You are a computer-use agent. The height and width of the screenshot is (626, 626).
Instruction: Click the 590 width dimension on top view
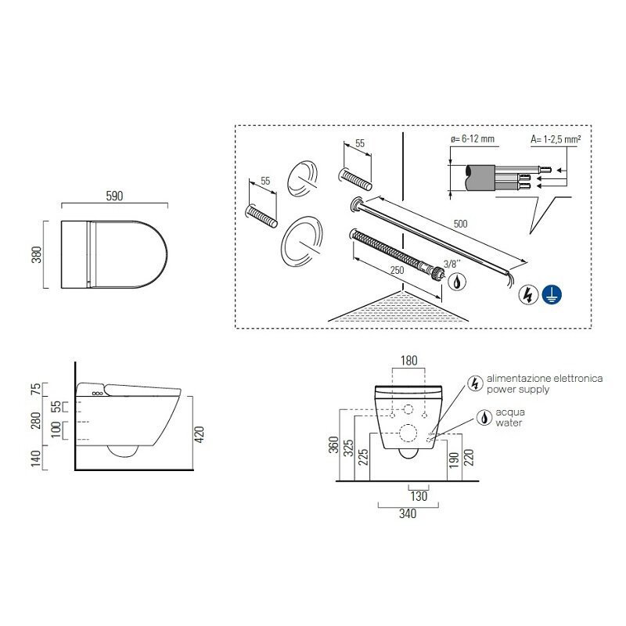pyautogui.click(x=114, y=196)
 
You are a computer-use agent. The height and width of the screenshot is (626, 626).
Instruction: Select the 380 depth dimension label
pyautogui.click(x=36, y=255)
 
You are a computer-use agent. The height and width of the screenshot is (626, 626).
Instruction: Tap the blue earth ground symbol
pyautogui.click(x=552, y=295)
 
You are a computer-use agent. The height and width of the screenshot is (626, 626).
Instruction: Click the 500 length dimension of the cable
pyautogui.click(x=460, y=224)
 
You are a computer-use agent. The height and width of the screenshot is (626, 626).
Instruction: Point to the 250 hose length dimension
pyautogui.click(x=397, y=270)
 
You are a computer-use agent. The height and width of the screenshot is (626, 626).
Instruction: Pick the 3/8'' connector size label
pyautogui.click(x=452, y=264)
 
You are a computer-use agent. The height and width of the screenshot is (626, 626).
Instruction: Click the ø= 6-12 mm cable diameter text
pyautogui.click(x=473, y=139)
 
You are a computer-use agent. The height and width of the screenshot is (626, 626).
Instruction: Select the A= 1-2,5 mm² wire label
pyautogui.click(x=556, y=139)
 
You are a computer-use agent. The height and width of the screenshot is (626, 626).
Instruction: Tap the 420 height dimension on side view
pyautogui.click(x=199, y=434)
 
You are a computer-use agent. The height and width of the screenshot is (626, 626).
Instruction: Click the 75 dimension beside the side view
pyautogui.click(x=36, y=389)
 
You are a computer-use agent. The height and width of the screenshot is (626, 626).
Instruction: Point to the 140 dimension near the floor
pyautogui.click(x=36, y=458)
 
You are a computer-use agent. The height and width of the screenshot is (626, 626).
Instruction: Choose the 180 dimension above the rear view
pyautogui.click(x=408, y=361)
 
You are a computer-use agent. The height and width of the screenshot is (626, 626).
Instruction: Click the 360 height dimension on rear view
pyautogui.click(x=333, y=444)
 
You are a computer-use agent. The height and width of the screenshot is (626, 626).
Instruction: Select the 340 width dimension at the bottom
pyautogui.click(x=408, y=513)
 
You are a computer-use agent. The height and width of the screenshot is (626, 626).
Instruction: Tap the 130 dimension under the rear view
pyautogui.click(x=419, y=496)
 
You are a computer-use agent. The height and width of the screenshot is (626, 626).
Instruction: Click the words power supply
pyautogui.click(x=518, y=389)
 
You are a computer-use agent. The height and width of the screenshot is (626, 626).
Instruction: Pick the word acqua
pyautogui.click(x=510, y=412)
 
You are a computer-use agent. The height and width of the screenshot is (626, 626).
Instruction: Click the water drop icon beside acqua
pyautogui.click(x=484, y=418)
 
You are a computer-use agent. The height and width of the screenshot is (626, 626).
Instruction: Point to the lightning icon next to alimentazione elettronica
pyautogui.click(x=475, y=383)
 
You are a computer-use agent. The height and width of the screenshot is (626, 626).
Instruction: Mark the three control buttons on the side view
pyautogui.click(x=97, y=394)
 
